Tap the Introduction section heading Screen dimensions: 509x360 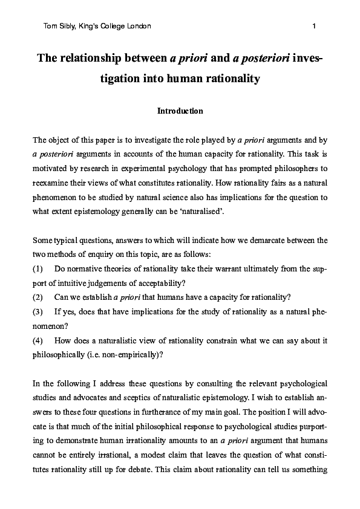(x=180, y=111)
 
